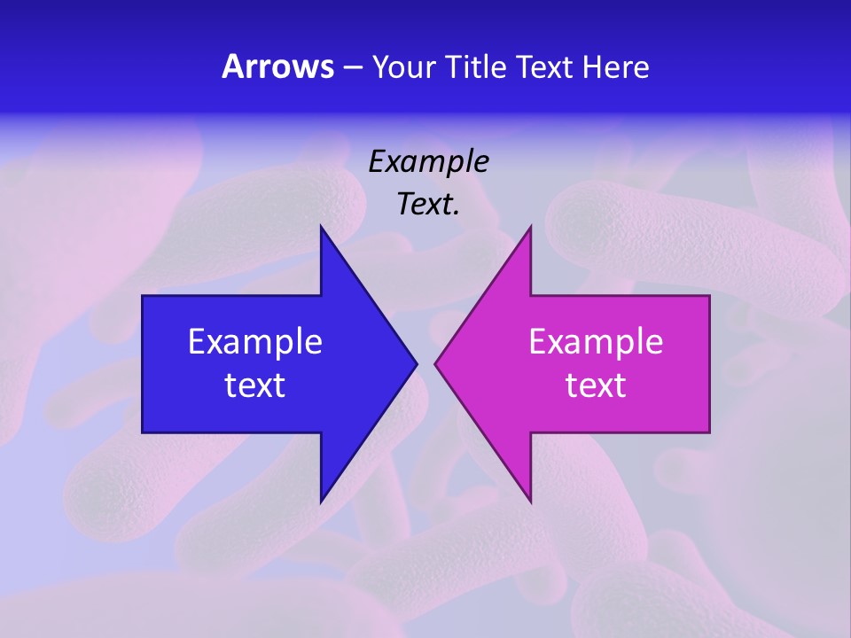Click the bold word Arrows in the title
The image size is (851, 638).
pyautogui.click(x=277, y=66)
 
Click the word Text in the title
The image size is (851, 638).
pyautogui.click(x=546, y=67)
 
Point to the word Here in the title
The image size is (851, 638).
pyautogui.click(x=616, y=67)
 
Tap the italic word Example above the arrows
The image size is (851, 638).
pyautogui.click(x=428, y=162)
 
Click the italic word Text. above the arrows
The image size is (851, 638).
pyautogui.click(x=428, y=205)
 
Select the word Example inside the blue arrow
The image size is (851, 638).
pyautogui.click(x=255, y=342)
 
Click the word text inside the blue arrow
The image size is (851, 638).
pyautogui.click(x=255, y=385)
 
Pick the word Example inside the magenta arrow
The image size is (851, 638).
pyautogui.click(x=596, y=342)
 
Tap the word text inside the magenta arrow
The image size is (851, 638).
pyautogui.click(x=596, y=385)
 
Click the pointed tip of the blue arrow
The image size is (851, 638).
pyautogui.click(x=417, y=363)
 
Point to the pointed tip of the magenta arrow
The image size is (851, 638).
pyautogui.click(x=435, y=363)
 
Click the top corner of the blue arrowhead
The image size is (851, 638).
pyautogui.click(x=321, y=227)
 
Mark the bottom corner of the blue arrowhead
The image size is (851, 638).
pyautogui.click(x=321, y=502)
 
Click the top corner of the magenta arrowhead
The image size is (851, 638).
pyautogui.click(x=530, y=227)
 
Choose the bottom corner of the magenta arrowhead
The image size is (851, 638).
pyautogui.click(x=530, y=502)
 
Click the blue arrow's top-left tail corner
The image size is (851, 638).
pyautogui.click(x=143, y=296)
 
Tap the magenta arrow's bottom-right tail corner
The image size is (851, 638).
pyautogui.click(x=709, y=432)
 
